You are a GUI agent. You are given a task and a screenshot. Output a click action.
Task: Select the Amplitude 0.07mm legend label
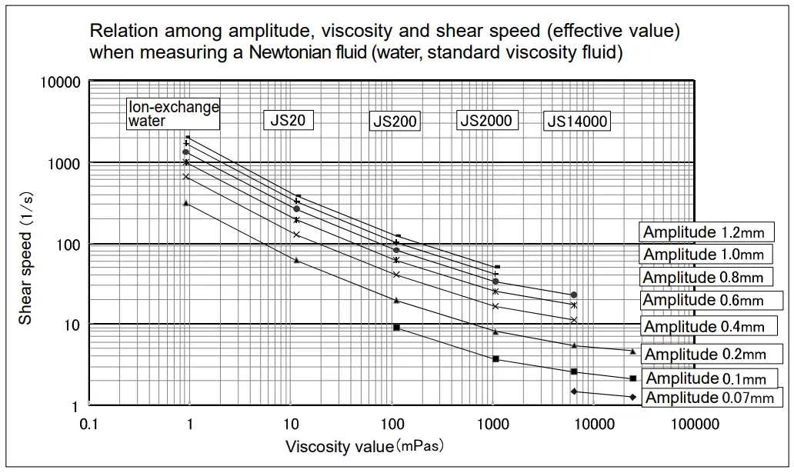[x=709, y=398]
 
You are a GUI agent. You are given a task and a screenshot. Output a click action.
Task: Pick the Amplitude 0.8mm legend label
[x=704, y=277]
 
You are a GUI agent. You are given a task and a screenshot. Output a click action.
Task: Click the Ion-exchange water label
[x=173, y=114]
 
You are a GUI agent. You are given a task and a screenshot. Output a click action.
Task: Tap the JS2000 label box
[x=485, y=120]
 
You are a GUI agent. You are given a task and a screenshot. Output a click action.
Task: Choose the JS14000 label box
[x=577, y=121]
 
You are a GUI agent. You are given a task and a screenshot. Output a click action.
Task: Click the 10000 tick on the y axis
[x=61, y=82]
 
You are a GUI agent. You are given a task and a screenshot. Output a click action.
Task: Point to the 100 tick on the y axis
[x=69, y=245]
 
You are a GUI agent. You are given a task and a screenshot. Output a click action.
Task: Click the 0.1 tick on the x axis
[x=89, y=424]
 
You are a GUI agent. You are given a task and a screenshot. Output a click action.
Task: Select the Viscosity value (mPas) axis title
[x=365, y=446]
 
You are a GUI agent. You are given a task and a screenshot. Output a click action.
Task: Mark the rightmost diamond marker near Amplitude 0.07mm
[x=632, y=397]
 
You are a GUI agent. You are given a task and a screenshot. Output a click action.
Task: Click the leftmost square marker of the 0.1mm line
[x=396, y=328]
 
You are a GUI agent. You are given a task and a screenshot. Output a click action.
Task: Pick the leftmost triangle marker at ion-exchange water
[x=186, y=203]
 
